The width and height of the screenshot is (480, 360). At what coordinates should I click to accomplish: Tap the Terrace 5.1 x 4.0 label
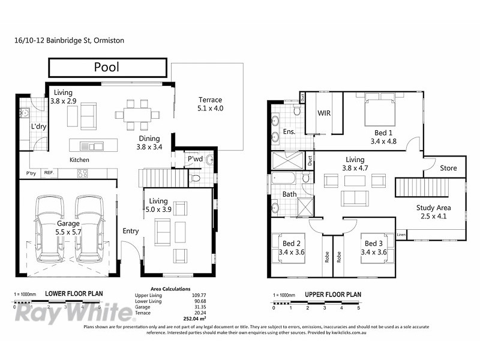click(x=210, y=104)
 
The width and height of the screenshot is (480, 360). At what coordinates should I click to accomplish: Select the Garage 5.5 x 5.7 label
click(x=68, y=227)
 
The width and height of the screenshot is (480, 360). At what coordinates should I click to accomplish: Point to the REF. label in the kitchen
click(x=48, y=173)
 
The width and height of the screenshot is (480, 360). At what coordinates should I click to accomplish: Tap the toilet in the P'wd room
click(x=194, y=178)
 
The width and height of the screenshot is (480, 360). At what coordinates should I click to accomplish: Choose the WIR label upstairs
click(x=324, y=113)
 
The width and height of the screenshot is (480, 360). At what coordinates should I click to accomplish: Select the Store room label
click(x=448, y=168)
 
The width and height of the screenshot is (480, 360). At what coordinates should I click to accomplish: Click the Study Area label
click(x=434, y=212)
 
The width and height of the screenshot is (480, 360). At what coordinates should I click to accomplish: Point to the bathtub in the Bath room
click(x=283, y=178)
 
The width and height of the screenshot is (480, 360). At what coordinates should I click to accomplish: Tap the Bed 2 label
click(x=292, y=248)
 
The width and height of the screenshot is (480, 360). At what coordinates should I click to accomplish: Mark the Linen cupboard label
click(x=401, y=233)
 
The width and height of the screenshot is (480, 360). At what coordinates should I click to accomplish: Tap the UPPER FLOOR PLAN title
click(x=333, y=295)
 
